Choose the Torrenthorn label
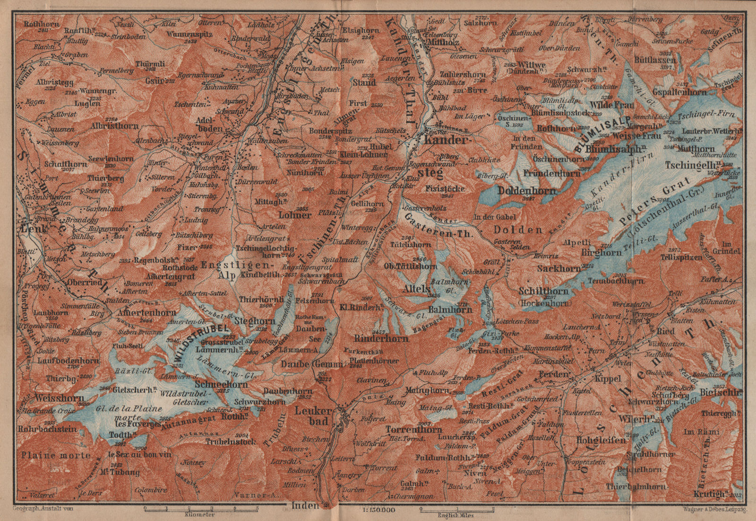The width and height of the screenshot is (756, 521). point(413,430)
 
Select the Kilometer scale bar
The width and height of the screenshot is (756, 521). point(200,509)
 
